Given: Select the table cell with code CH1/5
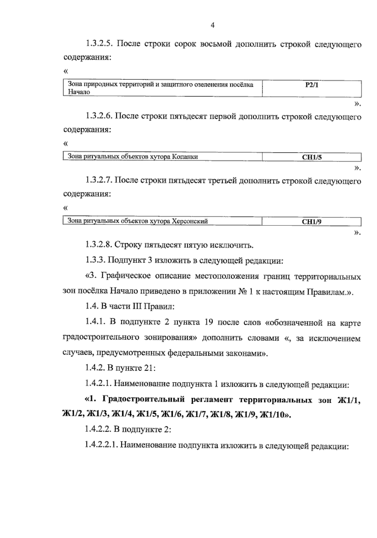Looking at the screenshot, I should (311, 157).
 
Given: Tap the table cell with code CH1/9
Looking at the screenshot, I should (311, 222).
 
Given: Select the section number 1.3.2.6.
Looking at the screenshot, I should (99, 117).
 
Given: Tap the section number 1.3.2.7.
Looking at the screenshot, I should (99, 181).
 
